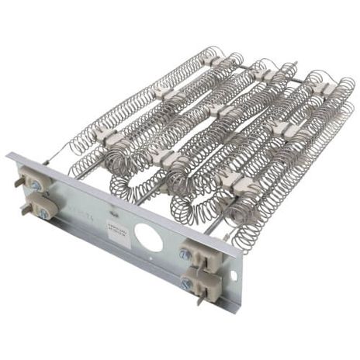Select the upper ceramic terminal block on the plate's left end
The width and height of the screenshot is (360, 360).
click(x=35, y=184)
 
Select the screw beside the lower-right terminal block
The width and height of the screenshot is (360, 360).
click(x=185, y=284)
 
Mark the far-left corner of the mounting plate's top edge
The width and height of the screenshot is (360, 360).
click(x=9, y=155)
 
